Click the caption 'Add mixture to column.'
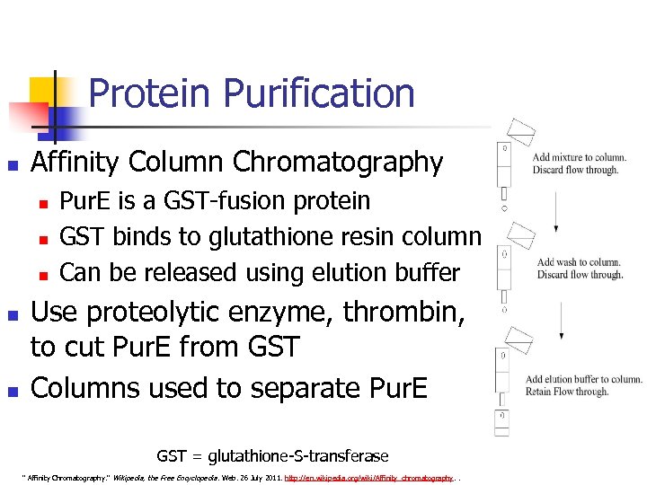[579, 157]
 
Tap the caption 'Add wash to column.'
[579, 262]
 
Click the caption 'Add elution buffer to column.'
[583, 379]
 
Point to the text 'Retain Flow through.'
[567, 392]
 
